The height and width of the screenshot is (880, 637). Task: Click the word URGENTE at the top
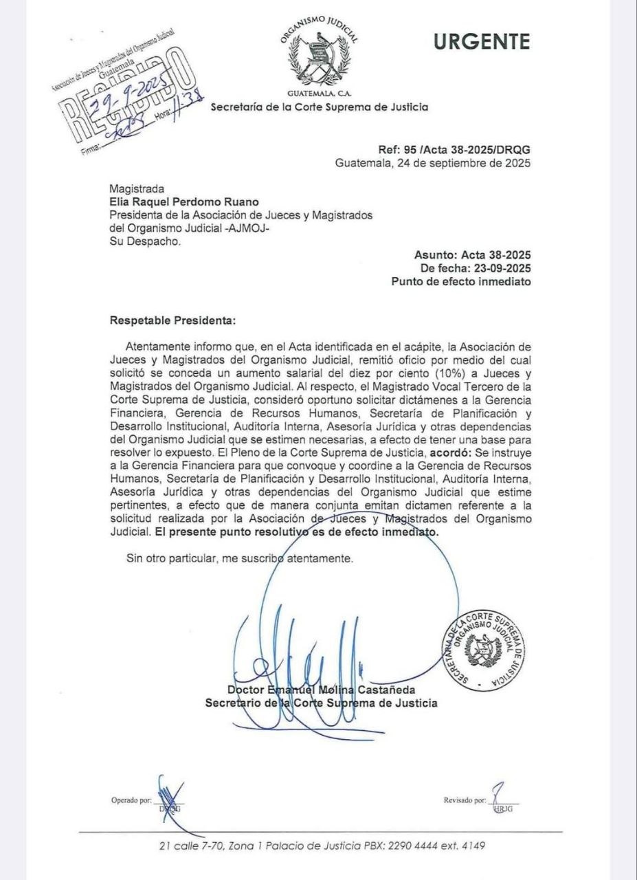pos(482,42)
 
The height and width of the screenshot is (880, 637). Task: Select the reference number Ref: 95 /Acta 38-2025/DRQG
pos(454,151)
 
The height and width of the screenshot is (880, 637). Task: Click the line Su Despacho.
pos(146,241)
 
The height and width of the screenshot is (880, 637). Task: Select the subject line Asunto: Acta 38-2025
pos(473,255)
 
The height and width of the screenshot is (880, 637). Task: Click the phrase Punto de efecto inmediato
pos(460,281)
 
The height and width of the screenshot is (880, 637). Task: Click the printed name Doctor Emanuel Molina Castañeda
pos(321,690)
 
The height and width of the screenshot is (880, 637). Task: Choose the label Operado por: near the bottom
pos(131,800)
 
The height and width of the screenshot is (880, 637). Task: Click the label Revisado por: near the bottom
pos(465,800)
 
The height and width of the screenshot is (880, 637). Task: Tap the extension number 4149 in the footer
pos(472,846)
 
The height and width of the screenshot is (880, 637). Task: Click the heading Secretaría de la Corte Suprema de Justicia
pos(319,107)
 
